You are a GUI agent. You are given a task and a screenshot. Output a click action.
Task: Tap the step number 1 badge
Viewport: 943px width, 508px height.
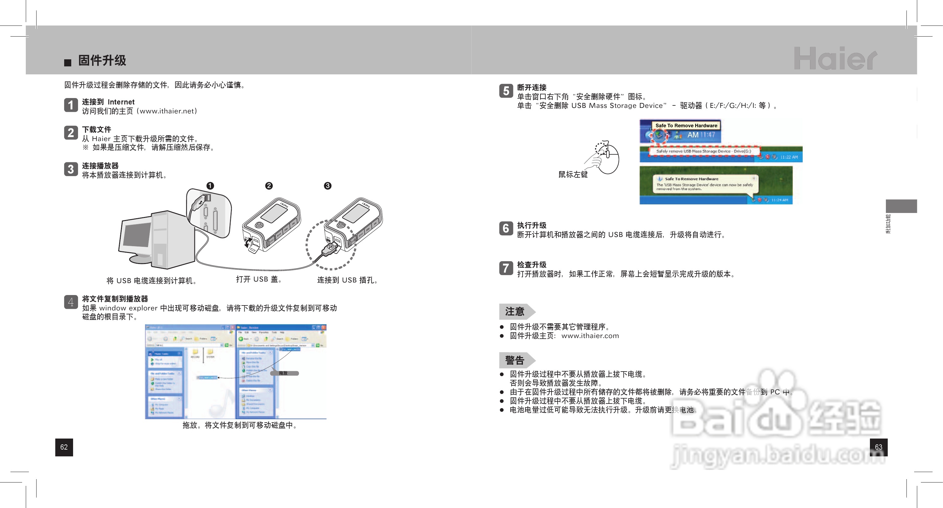71,105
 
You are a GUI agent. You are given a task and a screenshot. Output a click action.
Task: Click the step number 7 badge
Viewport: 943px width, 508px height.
506,268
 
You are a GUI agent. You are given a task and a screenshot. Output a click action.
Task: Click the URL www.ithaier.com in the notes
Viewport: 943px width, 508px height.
590,336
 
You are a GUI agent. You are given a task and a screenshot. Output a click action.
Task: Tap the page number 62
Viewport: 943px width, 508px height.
64,447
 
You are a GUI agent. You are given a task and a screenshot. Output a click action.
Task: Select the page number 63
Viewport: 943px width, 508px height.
878,447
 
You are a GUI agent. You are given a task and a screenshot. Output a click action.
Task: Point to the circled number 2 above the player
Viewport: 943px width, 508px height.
269,186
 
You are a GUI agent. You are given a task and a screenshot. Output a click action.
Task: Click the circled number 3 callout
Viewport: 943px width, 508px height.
328,186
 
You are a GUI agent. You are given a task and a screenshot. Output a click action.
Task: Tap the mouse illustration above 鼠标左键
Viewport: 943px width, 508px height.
606,157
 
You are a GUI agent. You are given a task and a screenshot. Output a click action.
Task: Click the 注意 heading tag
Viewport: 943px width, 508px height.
515,312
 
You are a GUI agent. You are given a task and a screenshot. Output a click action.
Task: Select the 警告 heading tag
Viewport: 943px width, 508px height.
515,360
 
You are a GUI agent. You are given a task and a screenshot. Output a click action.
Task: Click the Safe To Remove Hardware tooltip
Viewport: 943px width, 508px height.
686,126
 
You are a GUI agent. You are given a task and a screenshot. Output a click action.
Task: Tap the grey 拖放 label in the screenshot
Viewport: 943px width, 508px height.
284,373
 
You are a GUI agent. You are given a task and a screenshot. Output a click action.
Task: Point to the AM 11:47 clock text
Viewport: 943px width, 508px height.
701,135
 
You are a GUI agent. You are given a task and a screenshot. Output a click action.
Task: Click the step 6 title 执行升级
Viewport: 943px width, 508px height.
532,225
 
